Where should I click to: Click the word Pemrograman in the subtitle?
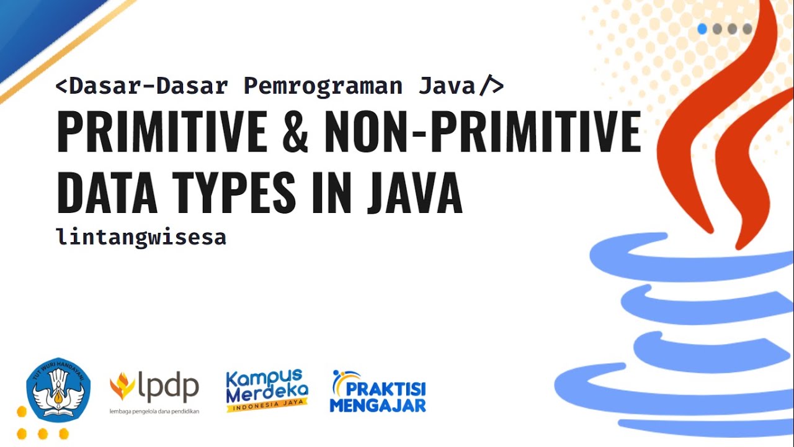(323, 86)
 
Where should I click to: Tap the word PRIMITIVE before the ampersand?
(161, 132)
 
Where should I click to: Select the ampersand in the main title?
(295, 132)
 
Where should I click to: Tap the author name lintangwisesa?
(141, 237)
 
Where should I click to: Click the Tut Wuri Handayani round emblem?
(58, 390)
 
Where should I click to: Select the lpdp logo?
(154, 387)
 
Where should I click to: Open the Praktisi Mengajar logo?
(378, 392)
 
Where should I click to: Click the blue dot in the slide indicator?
(702, 29)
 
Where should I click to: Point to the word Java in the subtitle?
(447, 86)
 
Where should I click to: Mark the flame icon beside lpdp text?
(122, 386)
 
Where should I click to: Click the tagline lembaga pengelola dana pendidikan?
(154, 412)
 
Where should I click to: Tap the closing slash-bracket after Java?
(491, 86)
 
